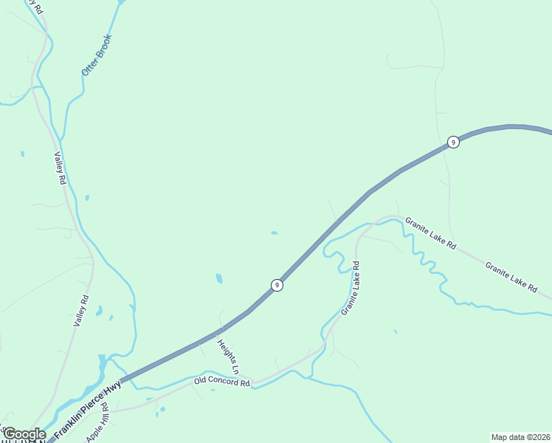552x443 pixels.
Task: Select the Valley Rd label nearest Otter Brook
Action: pyautogui.click(x=61, y=169)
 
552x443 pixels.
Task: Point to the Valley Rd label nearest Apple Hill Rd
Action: pyautogui.click(x=81, y=311)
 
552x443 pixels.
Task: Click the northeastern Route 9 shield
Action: pyautogui.click(x=454, y=142)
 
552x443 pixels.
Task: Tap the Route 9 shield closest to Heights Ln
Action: pyautogui.click(x=277, y=285)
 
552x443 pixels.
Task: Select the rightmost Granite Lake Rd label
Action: pyautogui.click(x=511, y=276)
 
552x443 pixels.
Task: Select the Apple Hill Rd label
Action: pyautogui.click(x=98, y=422)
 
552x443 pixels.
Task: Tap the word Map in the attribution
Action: pyautogui.click(x=500, y=437)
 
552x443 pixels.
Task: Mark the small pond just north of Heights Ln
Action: pyautogui.click(x=218, y=278)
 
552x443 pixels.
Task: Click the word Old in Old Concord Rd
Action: pyautogui.click(x=200, y=381)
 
